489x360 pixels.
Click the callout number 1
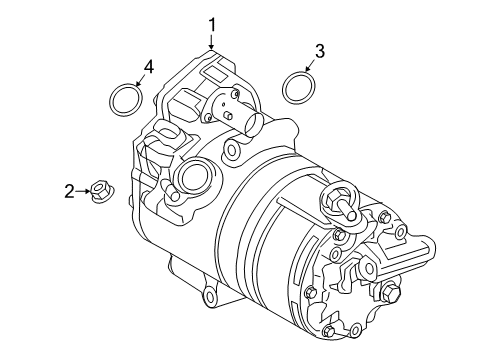point(212,23)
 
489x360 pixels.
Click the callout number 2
point(69,191)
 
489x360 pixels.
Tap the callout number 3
point(319,51)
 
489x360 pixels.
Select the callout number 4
point(147,66)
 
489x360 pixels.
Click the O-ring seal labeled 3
point(296,88)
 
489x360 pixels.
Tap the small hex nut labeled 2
point(100,188)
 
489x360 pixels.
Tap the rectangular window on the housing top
point(213,73)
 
